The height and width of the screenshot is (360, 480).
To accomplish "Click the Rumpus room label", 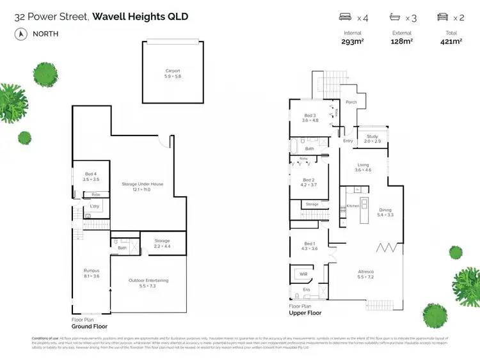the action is pyautogui.click(x=91, y=272).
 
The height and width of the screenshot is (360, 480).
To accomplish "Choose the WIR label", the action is pyautogui.click(x=304, y=274).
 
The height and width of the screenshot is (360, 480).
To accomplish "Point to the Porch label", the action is pyautogui.click(x=351, y=102).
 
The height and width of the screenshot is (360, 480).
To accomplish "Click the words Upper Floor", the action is pyautogui.click(x=305, y=313).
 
